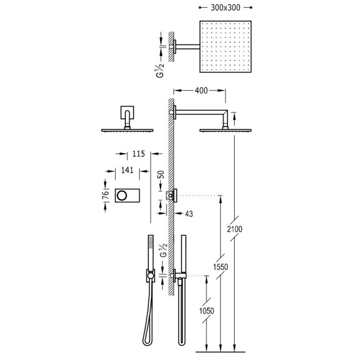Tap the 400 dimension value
click(x=201, y=91)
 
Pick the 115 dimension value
click(x=133, y=153)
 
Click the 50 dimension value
click(x=161, y=175)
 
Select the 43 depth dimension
click(x=188, y=214)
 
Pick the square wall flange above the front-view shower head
click(x=127, y=112)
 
